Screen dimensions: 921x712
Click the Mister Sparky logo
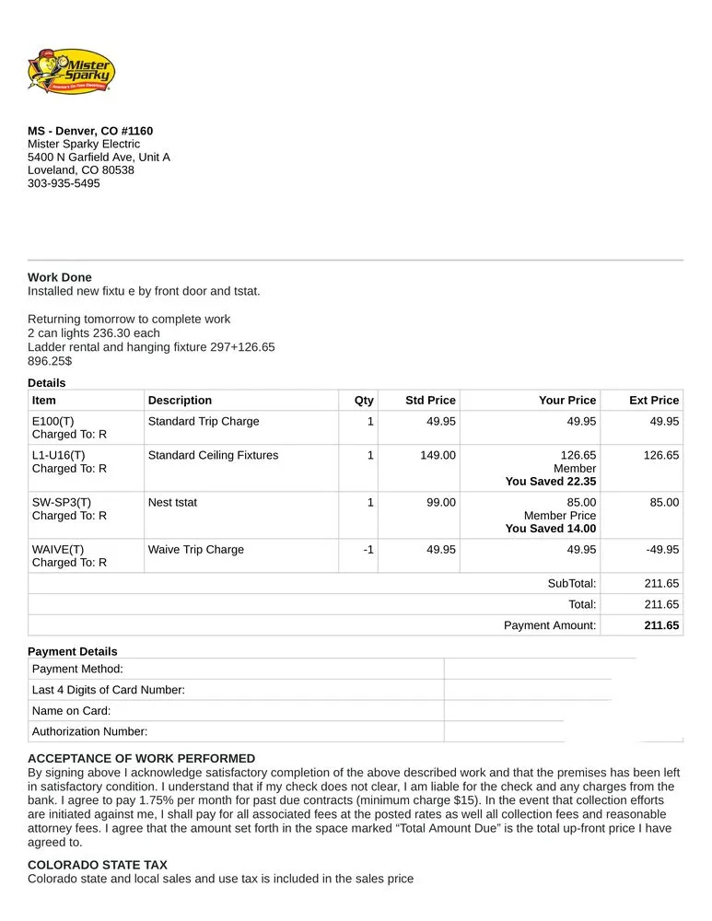pos(71,71)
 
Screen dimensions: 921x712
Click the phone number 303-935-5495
pos(64,183)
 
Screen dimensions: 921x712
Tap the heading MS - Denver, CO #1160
pos(90,131)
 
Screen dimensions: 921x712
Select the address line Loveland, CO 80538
pos(81,170)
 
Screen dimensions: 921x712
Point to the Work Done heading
pos(60,277)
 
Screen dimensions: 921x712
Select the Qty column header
pos(364,401)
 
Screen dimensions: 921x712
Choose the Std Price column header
pos(430,401)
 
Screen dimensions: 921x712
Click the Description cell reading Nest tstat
pos(172,503)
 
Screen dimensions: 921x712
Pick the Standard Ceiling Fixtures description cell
pos(213,455)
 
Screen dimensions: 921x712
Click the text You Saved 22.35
pos(551,482)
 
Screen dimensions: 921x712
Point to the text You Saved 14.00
pos(551,529)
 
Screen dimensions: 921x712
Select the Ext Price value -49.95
pos(662,550)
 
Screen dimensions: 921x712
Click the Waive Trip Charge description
pos(196,550)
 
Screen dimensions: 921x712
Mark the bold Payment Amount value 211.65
pos(662,625)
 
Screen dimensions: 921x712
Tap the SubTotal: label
pos(572,583)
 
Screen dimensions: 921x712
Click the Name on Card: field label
pos(72,711)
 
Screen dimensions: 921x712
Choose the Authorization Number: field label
pos(89,732)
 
